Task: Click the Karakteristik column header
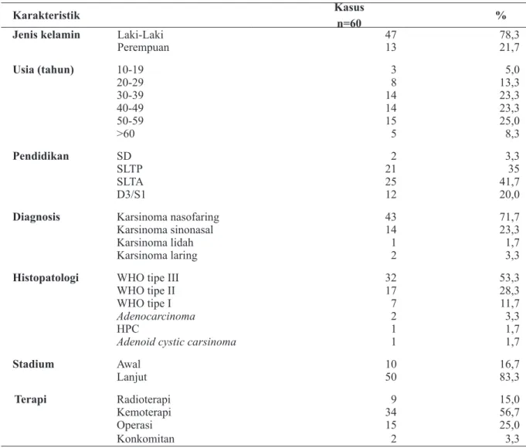click(46, 15)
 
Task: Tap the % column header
click(501, 15)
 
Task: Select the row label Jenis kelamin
click(46, 35)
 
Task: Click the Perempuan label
click(143, 48)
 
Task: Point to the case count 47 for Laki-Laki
click(391, 35)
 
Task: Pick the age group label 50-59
click(131, 120)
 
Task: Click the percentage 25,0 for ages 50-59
click(509, 120)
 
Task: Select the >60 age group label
click(126, 134)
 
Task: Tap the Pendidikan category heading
click(41, 156)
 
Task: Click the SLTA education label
click(130, 182)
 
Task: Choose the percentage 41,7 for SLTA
click(509, 182)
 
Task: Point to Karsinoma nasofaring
click(168, 217)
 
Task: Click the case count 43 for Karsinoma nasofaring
click(391, 217)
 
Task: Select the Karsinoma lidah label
click(155, 243)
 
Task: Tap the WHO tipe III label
click(148, 278)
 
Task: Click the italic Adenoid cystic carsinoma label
click(176, 342)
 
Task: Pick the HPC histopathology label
click(127, 329)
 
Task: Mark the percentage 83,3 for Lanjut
click(509, 377)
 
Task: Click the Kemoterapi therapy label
click(144, 412)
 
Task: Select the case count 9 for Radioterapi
click(393, 399)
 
